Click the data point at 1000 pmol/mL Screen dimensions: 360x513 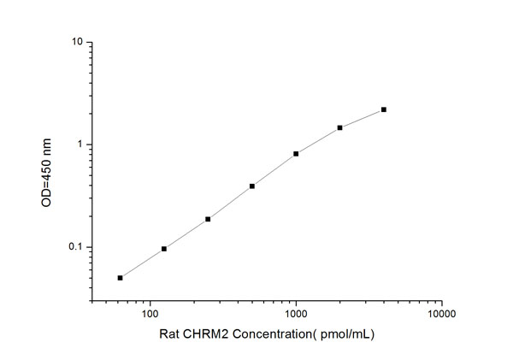(x=296, y=154)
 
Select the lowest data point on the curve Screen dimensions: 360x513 (x=121, y=278)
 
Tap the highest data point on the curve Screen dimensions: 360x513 (x=384, y=109)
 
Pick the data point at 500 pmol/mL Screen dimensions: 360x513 (x=252, y=186)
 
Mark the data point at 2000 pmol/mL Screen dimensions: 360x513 (x=340, y=127)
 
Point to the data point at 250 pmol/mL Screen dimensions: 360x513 (x=208, y=219)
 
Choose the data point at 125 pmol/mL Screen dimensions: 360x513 (x=164, y=249)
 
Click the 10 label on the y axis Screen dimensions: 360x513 (x=77, y=42)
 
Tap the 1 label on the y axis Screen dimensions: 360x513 (x=80, y=145)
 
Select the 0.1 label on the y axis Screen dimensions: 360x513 (x=75, y=247)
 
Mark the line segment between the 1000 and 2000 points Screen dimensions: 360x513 (x=318, y=140)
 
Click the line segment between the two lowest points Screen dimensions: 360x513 (x=142, y=263)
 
